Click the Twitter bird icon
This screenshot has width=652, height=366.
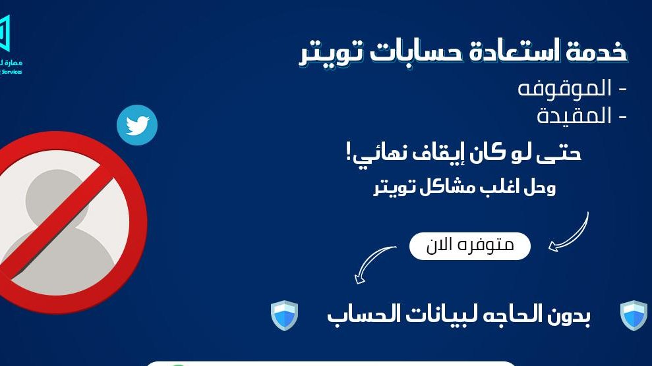click(137, 125)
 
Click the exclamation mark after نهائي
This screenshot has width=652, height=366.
click(349, 153)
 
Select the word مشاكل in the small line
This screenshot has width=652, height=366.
click(449, 188)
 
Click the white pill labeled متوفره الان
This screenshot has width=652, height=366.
click(470, 246)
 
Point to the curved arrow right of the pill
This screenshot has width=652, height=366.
click(569, 232)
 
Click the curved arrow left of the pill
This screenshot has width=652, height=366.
click(374, 264)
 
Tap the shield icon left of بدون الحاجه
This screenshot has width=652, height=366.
click(285, 315)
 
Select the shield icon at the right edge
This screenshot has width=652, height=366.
click(634, 315)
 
